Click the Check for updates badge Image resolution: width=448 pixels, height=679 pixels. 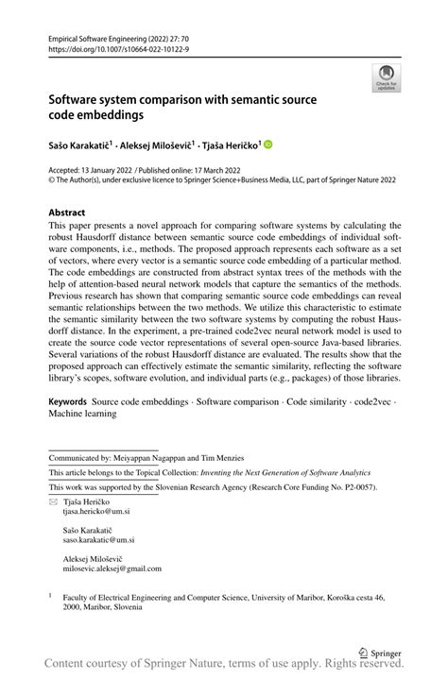click(x=386, y=77)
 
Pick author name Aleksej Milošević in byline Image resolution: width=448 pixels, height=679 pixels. click(x=156, y=145)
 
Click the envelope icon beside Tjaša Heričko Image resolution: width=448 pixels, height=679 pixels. click(x=53, y=501)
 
